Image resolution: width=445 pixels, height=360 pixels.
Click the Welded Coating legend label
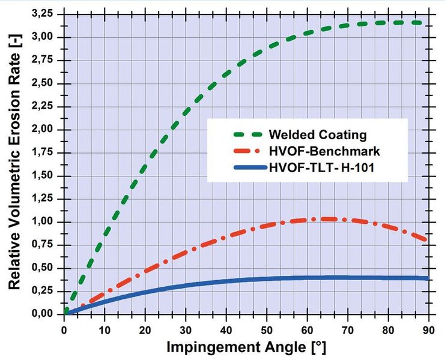point(318,134)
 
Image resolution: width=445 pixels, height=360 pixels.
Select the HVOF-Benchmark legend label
point(324,151)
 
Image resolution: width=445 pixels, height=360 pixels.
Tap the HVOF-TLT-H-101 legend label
point(321,168)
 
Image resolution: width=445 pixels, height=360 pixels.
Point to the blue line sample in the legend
point(250,168)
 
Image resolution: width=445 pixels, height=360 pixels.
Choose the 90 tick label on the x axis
point(429,330)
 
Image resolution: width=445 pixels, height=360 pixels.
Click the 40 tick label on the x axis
point(226,330)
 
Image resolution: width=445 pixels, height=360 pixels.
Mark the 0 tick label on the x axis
point(64,330)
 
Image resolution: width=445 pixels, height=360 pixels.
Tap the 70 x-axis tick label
point(348,330)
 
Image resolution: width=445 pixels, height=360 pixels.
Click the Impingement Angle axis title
point(246,347)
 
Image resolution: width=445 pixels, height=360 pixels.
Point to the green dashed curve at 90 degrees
point(426,23)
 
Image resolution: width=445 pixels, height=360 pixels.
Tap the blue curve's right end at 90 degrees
point(428,278)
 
